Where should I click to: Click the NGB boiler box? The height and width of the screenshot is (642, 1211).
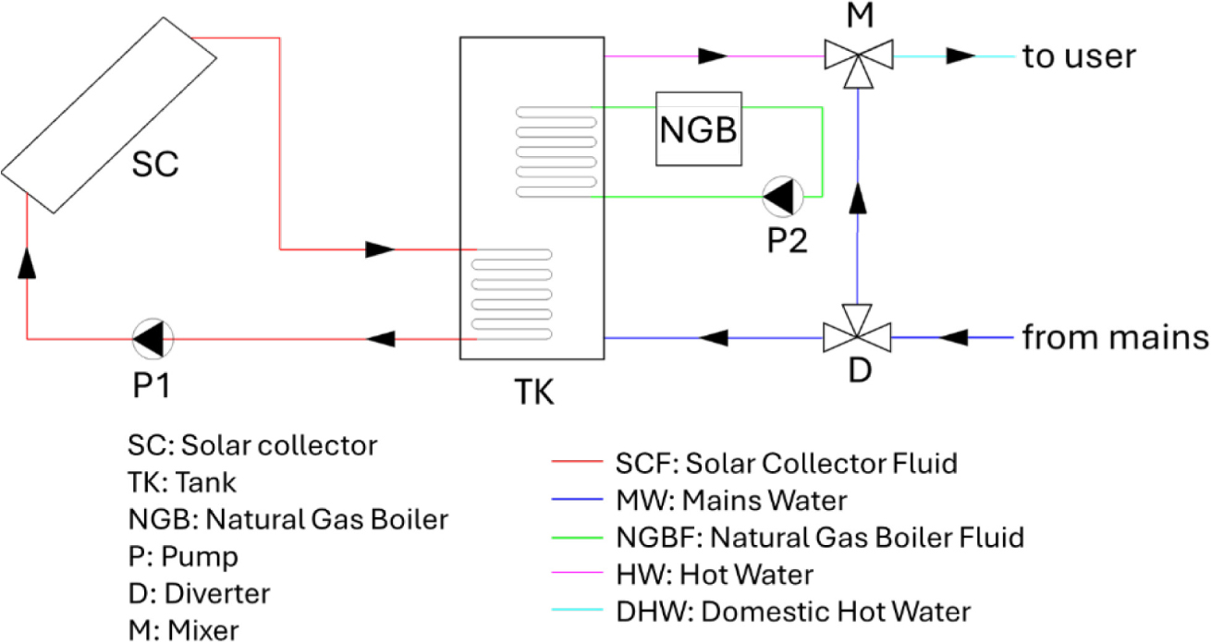click(x=699, y=128)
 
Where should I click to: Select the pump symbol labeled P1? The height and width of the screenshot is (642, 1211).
click(x=153, y=339)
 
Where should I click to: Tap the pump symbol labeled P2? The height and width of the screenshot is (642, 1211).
click(x=783, y=196)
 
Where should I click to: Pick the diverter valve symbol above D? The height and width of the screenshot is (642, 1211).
click(x=857, y=330)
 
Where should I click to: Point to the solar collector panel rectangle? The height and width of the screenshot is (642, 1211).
click(x=109, y=115)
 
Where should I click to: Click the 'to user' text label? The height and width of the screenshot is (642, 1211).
click(x=1079, y=56)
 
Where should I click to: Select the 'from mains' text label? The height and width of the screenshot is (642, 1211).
click(x=1115, y=337)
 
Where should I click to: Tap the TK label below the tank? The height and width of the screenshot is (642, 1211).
click(x=533, y=392)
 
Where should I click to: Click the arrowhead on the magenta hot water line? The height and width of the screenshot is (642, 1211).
click(x=713, y=55)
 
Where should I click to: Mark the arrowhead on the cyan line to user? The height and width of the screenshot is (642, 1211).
click(x=960, y=55)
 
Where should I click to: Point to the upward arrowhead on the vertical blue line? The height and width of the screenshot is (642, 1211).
click(x=858, y=198)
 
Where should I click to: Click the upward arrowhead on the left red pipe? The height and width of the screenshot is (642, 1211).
click(x=27, y=263)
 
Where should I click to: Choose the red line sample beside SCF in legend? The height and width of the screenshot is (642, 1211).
click(x=577, y=462)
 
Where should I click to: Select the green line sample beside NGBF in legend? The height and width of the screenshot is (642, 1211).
click(x=577, y=538)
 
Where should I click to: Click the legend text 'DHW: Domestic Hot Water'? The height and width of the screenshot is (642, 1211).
click(x=793, y=612)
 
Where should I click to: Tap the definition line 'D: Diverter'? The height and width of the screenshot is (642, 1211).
click(x=199, y=593)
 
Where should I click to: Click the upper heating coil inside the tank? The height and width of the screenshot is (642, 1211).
click(x=557, y=151)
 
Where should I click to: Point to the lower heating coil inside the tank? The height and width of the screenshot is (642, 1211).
click(x=512, y=295)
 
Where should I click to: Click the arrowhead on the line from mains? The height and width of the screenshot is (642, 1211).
click(x=953, y=337)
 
